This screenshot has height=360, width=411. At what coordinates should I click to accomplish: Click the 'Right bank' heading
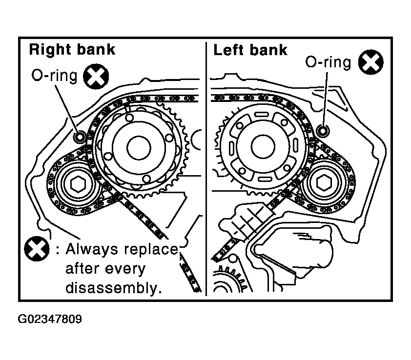pyautogui.click(x=72, y=50)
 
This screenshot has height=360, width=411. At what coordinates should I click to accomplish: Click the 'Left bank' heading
pyautogui.click(x=250, y=50)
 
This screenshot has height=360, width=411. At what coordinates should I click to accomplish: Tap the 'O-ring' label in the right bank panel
pyautogui.click(x=54, y=76)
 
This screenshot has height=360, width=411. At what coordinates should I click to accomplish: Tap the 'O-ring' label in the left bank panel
pyautogui.click(x=328, y=62)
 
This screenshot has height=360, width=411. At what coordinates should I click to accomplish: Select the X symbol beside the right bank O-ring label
pyautogui.click(x=96, y=77)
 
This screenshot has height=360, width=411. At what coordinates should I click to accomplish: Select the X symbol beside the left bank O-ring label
pyautogui.click(x=370, y=62)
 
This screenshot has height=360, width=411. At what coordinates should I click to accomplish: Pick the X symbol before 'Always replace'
pyautogui.click(x=37, y=249)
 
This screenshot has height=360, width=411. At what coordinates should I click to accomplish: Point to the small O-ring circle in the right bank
pyautogui.click(x=80, y=137)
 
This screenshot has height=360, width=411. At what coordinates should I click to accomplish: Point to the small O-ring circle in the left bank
pyautogui.click(x=323, y=130)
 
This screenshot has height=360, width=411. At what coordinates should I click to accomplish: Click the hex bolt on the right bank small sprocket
pyautogui.click(x=78, y=184)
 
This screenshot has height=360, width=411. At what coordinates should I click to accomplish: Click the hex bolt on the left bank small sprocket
pyautogui.click(x=324, y=182)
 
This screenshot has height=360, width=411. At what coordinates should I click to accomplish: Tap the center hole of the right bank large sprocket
pyautogui.click(x=139, y=148)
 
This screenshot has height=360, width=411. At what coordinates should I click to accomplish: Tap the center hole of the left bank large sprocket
pyautogui.click(x=263, y=147)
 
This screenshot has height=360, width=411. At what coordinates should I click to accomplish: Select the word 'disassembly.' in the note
pyautogui.click(x=114, y=288)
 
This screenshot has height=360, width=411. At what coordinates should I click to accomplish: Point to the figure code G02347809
pyautogui.click(x=50, y=319)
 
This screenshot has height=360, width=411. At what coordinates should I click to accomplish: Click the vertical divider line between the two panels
pyautogui.click(x=206, y=169)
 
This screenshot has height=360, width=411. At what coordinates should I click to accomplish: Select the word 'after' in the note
pyautogui.click(x=82, y=269)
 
